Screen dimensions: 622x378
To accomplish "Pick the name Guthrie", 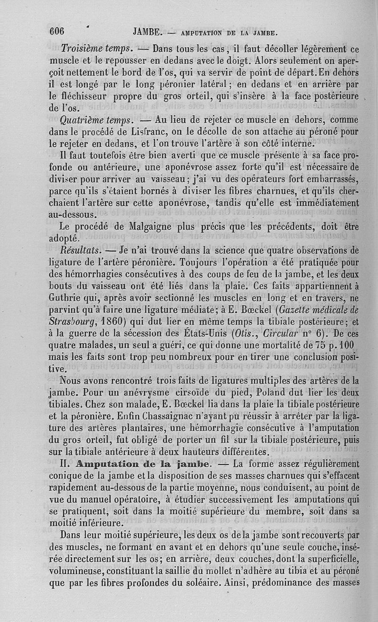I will tap(65, 297).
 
